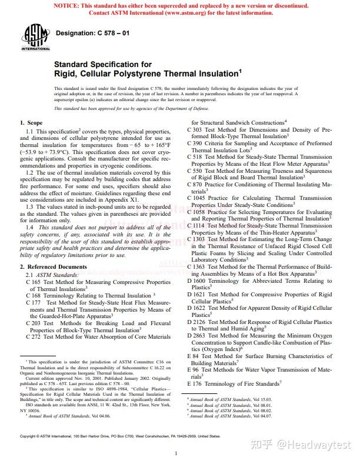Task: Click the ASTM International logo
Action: tap(36, 38)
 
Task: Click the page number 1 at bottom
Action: tap(176, 453)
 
